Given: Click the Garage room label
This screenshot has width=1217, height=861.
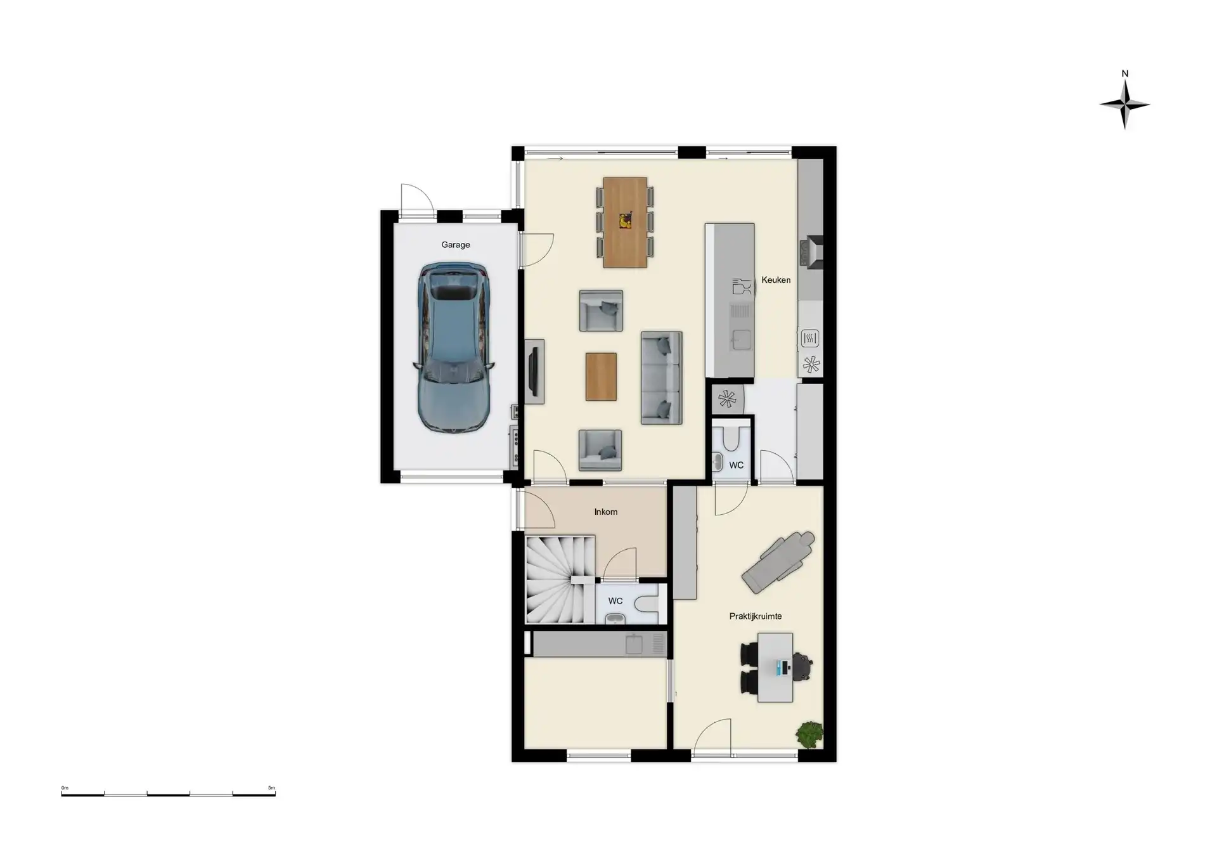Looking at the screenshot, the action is [x=456, y=245].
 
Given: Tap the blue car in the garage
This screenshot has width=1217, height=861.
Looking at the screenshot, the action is [x=453, y=348].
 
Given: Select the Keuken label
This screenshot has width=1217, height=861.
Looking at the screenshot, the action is [x=776, y=280].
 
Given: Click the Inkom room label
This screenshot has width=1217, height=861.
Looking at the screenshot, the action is [x=606, y=512].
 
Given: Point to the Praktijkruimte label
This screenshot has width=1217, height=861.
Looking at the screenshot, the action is [x=755, y=616].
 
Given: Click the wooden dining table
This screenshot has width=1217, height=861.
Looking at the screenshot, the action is [x=625, y=223].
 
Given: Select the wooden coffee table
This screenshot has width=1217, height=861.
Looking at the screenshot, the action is [x=601, y=377].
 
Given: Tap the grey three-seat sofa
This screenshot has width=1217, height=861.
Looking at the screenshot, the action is [x=661, y=378].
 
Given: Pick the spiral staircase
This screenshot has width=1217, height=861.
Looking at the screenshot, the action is [x=560, y=579].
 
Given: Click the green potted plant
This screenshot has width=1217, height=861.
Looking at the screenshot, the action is [x=810, y=735].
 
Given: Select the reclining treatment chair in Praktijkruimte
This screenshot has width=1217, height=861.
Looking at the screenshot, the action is [x=778, y=562].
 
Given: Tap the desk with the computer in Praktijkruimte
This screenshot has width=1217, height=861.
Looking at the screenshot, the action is [x=775, y=667].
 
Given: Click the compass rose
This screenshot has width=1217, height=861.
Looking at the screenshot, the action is [x=1124, y=105].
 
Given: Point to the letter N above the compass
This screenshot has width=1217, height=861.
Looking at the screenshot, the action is [x=1125, y=74].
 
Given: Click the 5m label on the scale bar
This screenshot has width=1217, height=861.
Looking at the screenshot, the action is [x=271, y=788].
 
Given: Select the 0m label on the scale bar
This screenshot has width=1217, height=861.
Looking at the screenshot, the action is [x=65, y=788].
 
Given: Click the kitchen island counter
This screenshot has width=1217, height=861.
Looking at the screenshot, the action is [x=730, y=300].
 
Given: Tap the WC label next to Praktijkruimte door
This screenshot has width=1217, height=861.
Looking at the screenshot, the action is [x=736, y=465].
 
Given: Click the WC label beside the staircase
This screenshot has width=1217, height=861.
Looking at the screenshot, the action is [x=615, y=601].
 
